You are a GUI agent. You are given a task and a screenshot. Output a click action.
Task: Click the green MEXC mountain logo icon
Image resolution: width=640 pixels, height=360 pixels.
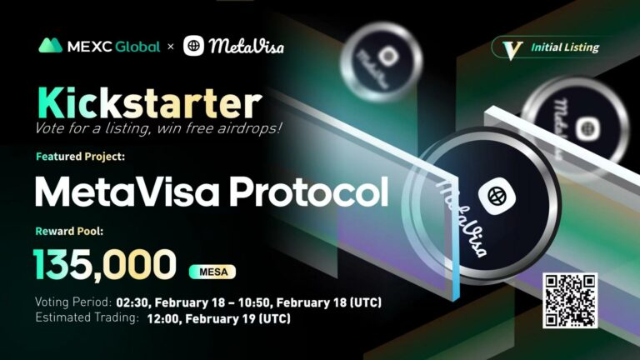tap(50, 46)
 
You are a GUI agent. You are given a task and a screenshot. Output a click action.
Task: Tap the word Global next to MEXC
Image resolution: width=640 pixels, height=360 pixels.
tap(137, 47)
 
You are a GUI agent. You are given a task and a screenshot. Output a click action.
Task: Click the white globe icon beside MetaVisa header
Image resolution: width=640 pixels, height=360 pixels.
tap(193, 46)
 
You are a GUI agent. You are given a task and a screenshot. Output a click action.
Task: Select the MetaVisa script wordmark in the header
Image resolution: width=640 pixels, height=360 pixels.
tap(247, 46)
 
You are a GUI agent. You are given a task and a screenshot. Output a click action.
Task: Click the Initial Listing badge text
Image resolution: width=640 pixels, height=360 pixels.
tap(564, 47)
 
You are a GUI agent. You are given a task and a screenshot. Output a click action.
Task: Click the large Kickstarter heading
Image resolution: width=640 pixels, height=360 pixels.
tap(147, 102)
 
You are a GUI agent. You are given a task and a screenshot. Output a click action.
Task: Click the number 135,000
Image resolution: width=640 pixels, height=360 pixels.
tap(105, 265)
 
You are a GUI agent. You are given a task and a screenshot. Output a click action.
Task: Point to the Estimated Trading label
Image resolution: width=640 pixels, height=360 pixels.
tap(82, 317)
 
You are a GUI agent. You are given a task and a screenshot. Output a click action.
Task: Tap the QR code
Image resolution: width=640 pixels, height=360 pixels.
tap(571, 301)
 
